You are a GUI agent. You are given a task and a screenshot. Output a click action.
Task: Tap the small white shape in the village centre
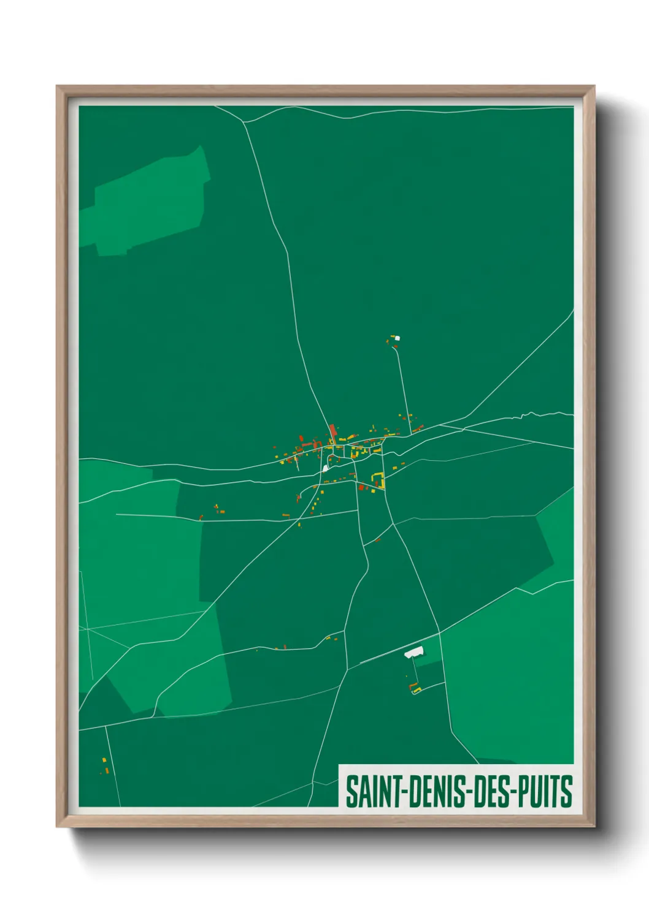pyautogui.click(x=324, y=468)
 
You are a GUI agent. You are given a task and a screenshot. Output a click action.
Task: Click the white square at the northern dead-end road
pyautogui.click(x=397, y=337)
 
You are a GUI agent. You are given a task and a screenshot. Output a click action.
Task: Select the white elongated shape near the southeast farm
pyautogui.click(x=414, y=653)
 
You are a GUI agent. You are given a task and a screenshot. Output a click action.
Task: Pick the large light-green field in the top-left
pyautogui.click(x=150, y=202)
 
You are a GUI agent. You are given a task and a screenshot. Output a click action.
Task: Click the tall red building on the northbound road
pyautogui.click(x=332, y=430)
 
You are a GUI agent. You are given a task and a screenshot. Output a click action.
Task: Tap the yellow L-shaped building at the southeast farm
pyautogui.click(x=417, y=691)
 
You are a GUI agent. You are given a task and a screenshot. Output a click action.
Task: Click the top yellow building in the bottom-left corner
pyautogui.click(x=104, y=760)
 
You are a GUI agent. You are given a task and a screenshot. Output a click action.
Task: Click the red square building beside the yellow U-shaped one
pyautogui.click(x=361, y=487)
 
